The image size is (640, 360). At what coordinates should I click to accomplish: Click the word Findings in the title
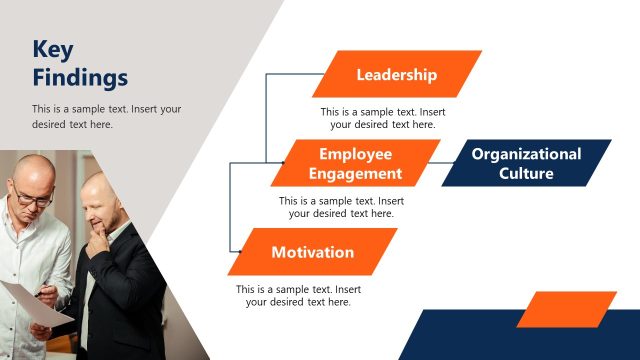point(80,77)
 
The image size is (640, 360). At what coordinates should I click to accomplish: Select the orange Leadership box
point(396,74)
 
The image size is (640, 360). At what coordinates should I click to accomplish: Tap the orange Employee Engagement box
point(355,163)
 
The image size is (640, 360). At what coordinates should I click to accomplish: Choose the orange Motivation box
point(312,252)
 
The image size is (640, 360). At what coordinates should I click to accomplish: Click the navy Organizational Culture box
point(526,163)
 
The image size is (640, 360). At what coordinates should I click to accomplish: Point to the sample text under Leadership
point(382,118)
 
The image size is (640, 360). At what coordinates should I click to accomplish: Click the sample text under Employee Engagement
point(341,207)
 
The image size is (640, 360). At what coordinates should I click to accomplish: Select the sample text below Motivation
point(298,295)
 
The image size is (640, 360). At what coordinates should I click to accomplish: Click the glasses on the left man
point(34,198)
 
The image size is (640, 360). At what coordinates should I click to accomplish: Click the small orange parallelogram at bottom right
point(566,309)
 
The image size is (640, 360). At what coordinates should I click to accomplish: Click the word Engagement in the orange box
point(355,173)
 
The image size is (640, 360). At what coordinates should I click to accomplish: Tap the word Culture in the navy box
point(526,173)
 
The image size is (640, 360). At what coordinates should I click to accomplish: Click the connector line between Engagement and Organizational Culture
point(449,163)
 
